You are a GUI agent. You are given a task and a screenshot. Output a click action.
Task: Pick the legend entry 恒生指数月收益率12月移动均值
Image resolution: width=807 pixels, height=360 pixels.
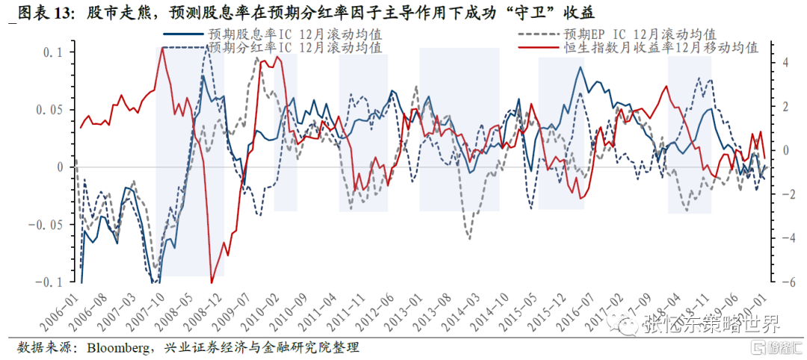[661, 47]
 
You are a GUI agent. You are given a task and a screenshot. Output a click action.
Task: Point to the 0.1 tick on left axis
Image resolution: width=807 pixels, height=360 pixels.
[55, 53]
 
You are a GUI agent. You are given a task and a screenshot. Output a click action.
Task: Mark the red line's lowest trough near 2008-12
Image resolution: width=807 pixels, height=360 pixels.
[211, 282]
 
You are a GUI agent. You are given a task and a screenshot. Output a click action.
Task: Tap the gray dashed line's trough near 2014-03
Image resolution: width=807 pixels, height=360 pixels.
[469, 238]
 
